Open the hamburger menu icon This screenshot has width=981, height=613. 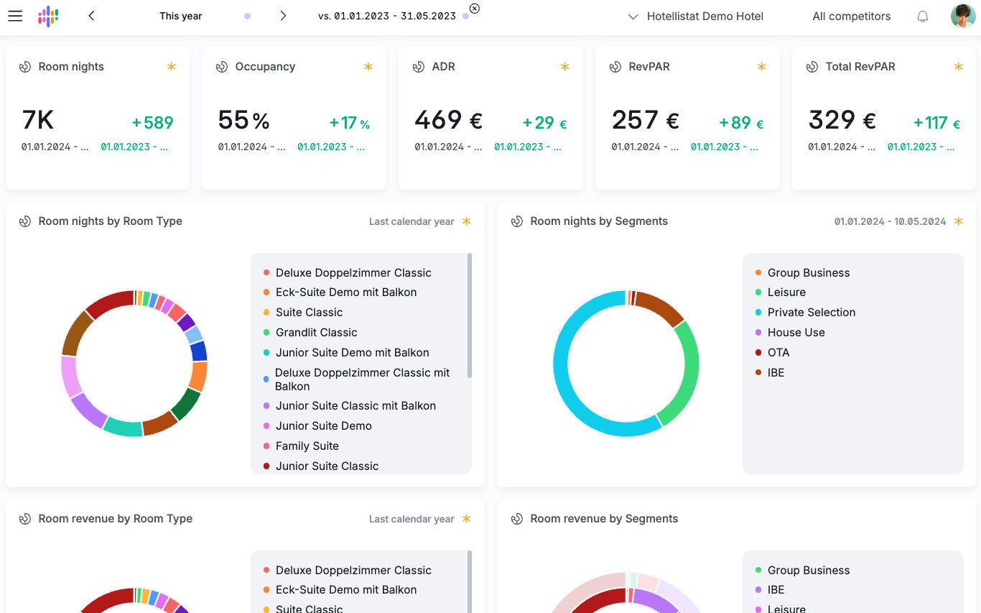pos(15,17)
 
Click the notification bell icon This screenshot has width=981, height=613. pos(922,17)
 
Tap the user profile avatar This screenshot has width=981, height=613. pos(962,17)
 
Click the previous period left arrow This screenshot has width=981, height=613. pos(91,17)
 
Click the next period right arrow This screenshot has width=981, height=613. pos(283,17)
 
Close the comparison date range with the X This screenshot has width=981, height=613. pos(474,9)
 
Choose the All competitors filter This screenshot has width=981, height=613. pos(851,17)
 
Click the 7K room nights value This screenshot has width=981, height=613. pos(37,119)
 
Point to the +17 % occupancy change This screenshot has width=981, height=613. pos(349,123)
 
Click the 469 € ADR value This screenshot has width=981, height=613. pos(448,119)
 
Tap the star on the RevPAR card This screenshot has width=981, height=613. pos(761,67)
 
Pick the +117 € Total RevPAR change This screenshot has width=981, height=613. pos(936,123)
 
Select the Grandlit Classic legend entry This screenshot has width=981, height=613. pos(316,332)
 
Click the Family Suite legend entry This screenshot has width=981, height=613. pos(307,446)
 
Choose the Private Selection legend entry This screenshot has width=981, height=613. pos(811,312)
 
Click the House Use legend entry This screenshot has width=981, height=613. pos(796,332)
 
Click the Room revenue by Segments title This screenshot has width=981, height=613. pos(604,518)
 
